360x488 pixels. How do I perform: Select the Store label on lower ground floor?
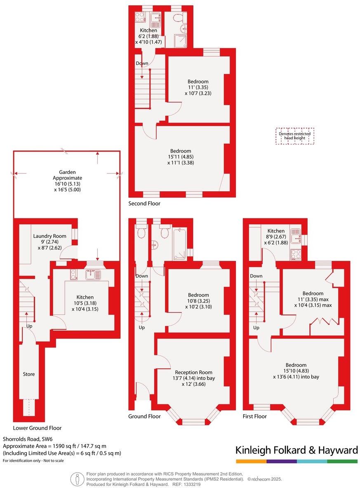point(29,374)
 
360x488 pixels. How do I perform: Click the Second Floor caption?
point(144,204)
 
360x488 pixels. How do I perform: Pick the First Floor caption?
point(254,416)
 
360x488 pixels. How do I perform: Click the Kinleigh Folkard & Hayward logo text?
point(296,450)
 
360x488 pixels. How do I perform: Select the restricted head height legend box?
point(295,136)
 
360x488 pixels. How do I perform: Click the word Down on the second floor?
point(142,63)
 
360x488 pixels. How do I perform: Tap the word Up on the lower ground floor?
point(29,326)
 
